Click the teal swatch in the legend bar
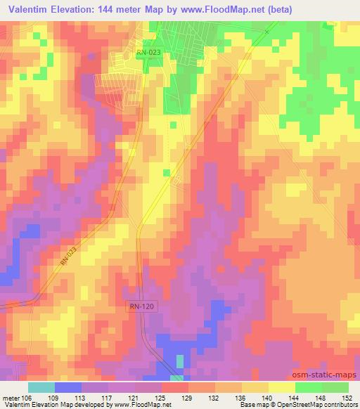click(41, 387)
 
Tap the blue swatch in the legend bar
click(68, 387)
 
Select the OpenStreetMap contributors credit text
click(314, 405)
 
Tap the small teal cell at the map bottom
click(179, 361)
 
